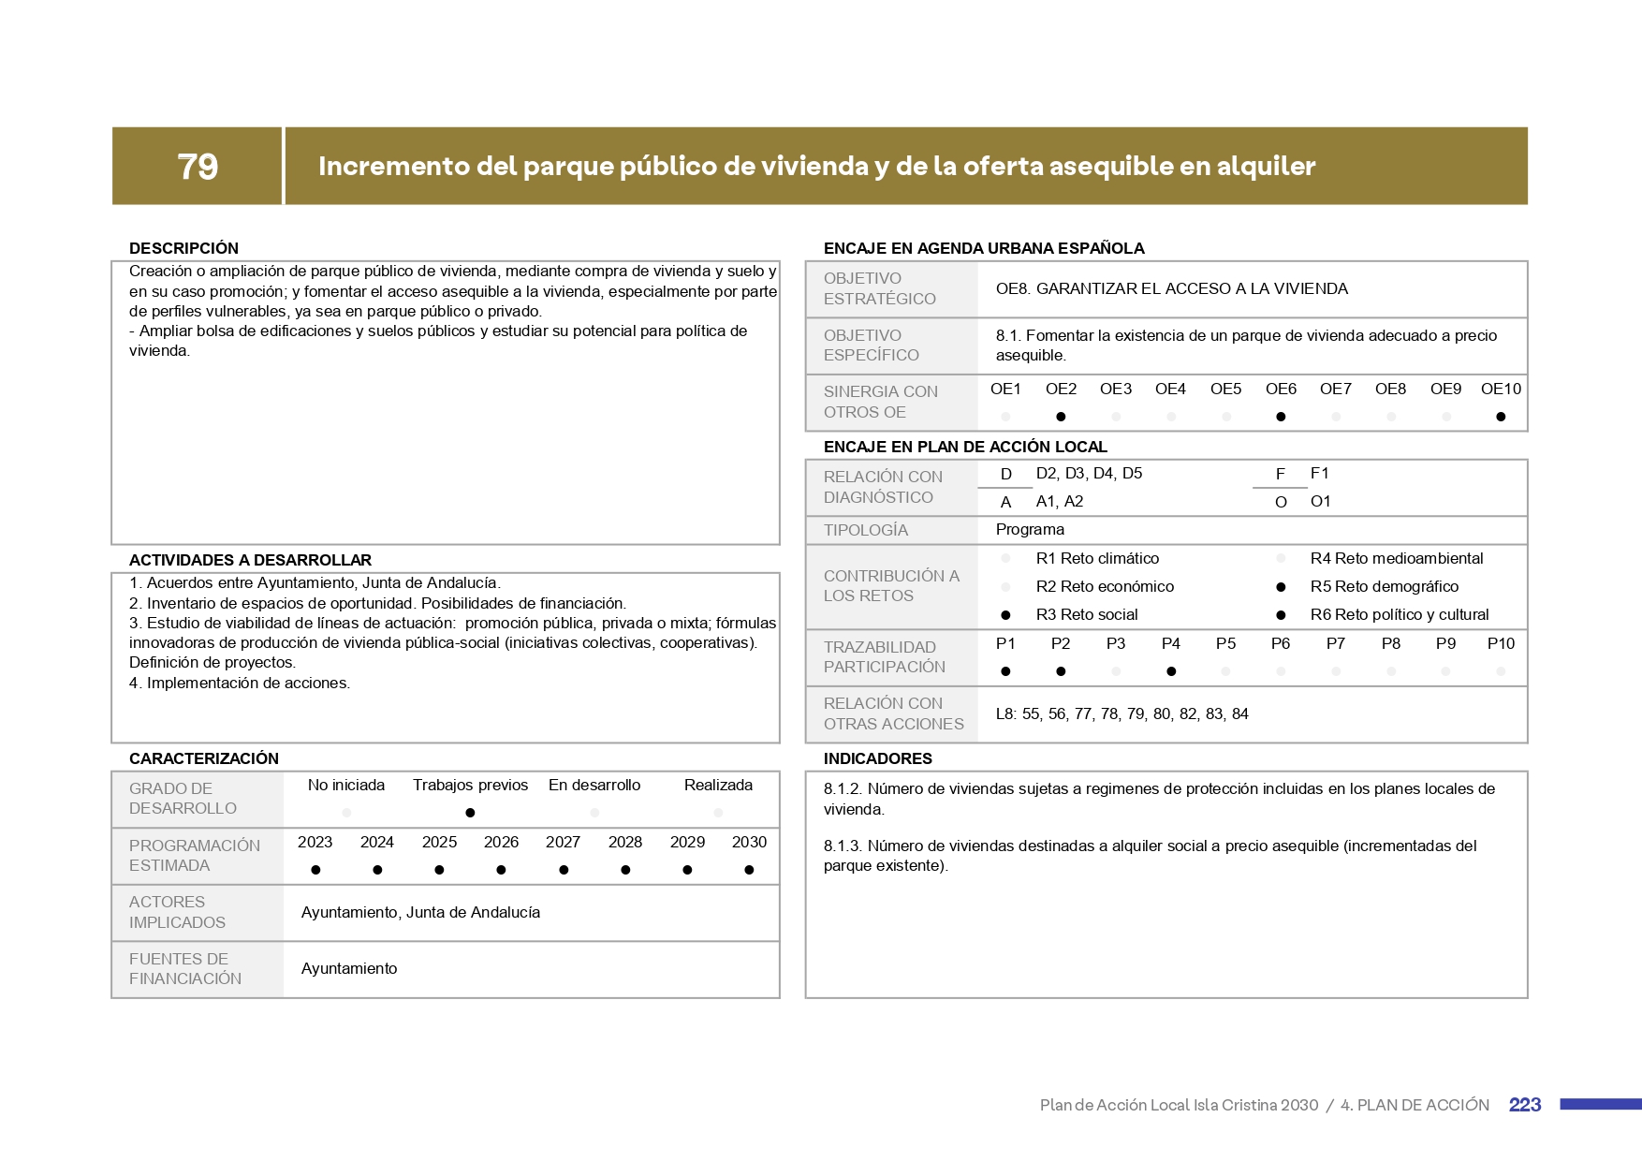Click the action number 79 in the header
tap(198, 167)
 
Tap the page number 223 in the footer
tap(1524, 1105)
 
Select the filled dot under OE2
tap(1061, 417)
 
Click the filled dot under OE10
tap(1501, 417)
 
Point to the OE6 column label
tap(1281, 389)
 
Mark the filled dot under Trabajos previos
tap(470, 813)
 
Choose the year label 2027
tap(563, 842)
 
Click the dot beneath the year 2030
tap(749, 870)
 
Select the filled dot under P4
tap(1171, 671)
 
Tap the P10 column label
tap(1501, 643)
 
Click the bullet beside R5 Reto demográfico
tap(1281, 587)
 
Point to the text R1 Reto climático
tap(1097, 558)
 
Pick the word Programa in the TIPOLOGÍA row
tap(1030, 529)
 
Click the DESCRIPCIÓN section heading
tap(183, 248)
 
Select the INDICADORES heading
tap(877, 758)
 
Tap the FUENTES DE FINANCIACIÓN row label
tap(185, 968)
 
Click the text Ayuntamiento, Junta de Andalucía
tap(420, 912)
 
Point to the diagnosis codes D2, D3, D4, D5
tap(1089, 473)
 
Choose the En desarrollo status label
tap(594, 785)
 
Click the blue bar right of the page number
tap(1600, 1105)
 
